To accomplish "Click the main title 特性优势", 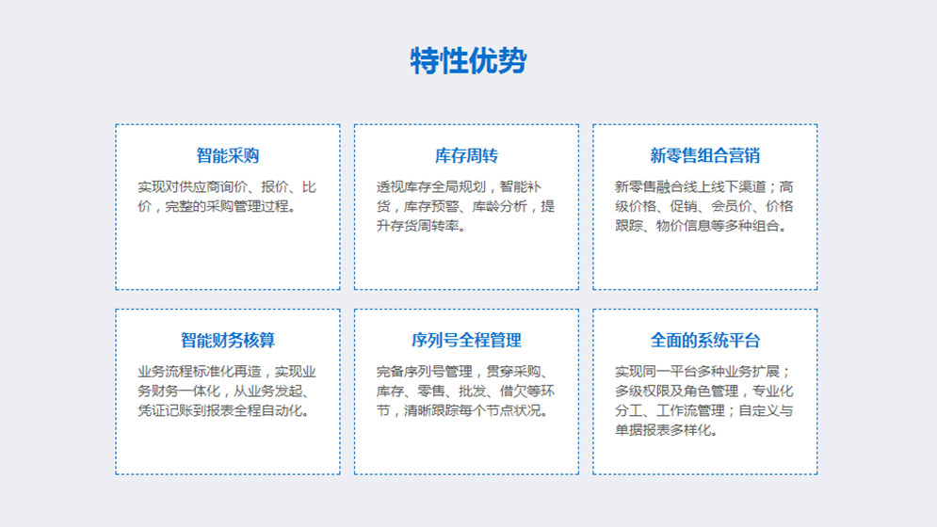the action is tap(469, 60).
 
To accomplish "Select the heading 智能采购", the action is tap(228, 156).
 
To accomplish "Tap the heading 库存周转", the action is tap(466, 156).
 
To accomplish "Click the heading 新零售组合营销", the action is tap(705, 156).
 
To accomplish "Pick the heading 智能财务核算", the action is tap(228, 341).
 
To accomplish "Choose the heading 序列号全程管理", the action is tap(466, 341).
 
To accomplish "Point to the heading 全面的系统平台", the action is tap(705, 341).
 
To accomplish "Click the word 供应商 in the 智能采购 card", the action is tap(200, 187).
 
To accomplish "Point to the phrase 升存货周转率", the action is tap(417, 226).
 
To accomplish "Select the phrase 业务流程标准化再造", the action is tap(200, 372).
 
